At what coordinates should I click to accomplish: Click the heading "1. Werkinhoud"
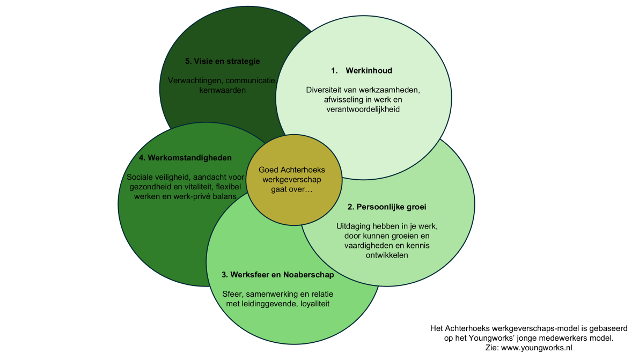pyautogui.click(x=362, y=70)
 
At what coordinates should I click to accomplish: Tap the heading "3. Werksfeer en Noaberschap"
pyautogui.click(x=277, y=275)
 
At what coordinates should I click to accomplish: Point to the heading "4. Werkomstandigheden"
pyautogui.click(x=185, y=158)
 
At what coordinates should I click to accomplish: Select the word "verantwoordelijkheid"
pyautogui.click(x=363, y=109)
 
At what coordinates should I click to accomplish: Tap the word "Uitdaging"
pyautogui.click(x=355, y=226)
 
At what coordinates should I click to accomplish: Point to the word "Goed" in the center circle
pyautogui.click(x=268, y=170)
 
